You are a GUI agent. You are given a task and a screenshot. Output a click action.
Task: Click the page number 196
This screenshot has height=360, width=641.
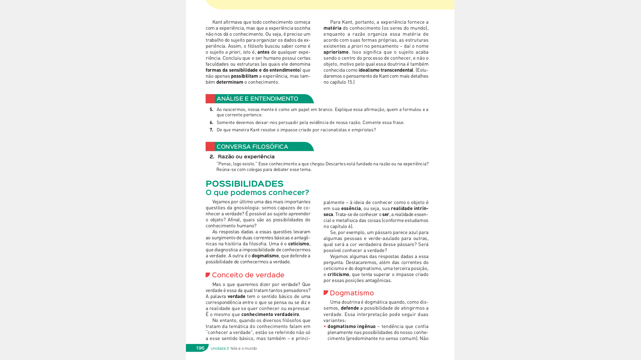pyautogui.click(x=200, y=348)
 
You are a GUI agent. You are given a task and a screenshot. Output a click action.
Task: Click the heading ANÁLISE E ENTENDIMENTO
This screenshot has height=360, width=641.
pyautogui.click(x=257, y=99)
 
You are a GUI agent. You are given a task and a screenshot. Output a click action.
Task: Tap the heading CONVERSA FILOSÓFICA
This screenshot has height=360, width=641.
pyautogui.click(x=252, y=147)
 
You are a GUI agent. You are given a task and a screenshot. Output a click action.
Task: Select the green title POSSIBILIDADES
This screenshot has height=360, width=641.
pyautogui.click(x=244, y=184)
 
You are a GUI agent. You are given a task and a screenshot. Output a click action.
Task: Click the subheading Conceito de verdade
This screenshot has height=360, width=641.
pyautogui.click(x=248, y=275)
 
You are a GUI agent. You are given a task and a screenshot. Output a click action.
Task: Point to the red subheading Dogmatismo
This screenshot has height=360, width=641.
pyautogui.click(x=352, y=293)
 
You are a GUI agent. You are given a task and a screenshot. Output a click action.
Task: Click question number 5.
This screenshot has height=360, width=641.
pyautogui.click(x=211, y=109)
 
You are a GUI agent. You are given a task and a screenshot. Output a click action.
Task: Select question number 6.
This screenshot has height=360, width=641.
pyautogui.click(x=211, y=122)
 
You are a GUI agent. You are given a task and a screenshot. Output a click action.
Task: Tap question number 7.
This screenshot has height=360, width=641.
pyautogui.click(x=211, y=130)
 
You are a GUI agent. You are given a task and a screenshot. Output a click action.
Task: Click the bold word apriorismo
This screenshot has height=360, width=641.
pyautogui.click(x=336, y=52)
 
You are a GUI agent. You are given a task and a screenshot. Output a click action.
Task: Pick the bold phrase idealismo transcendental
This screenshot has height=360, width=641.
pyautogui.click(x=386, y=70)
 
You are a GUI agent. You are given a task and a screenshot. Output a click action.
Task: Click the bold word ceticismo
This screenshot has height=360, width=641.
pyautogui.click(x=298, y=244)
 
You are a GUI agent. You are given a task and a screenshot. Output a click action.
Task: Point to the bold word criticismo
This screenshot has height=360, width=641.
pyautogui.click(x=338, y=274)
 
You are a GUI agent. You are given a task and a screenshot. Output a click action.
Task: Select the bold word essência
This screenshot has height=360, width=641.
pyautogui.click(x=351, y=208)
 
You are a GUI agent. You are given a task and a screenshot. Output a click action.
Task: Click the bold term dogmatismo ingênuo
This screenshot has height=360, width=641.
pyautogui.click(x=351, y=326)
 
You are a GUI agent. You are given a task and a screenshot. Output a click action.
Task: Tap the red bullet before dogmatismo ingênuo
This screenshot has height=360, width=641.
pyautogui.click(x=325, y=326)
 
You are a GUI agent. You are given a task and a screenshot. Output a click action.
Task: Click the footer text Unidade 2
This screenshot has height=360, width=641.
pyautogui.click(x=220, y=348)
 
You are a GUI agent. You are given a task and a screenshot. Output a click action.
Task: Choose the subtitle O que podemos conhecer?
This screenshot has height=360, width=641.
pyautogui.click(x=257, y=192)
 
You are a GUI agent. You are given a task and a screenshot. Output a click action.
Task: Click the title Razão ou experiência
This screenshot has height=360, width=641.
pyautogui.click(x=246, y=157)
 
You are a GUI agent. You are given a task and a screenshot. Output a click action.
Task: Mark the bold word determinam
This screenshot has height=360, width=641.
pyautogui.click(x=230, y=82)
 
